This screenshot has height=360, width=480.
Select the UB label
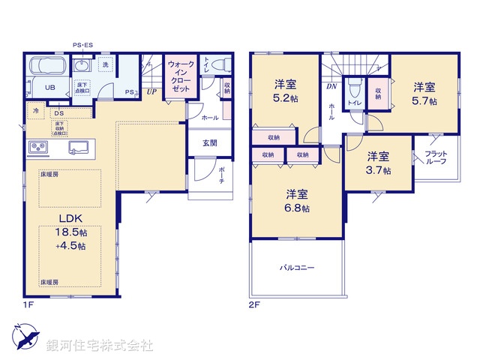(x=50, y=88)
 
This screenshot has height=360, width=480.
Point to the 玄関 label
(x=209, y=142)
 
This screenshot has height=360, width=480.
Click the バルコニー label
(x=298, y=267)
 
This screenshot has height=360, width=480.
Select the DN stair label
(x=331, y=87)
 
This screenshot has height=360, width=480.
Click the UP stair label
(x=151, y=92)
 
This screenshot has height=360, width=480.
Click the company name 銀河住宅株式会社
(x=100, y=346)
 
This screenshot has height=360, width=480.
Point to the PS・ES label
(x=82, y=46)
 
